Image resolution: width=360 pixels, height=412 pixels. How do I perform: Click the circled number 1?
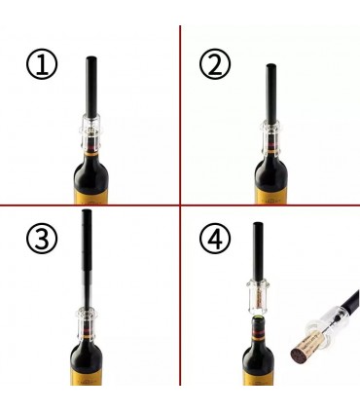coord(42,63)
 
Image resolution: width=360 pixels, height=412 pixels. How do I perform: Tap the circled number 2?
coord(215,63)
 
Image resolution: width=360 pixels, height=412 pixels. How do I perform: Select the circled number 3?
coord(42,238)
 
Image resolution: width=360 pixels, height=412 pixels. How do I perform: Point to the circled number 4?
coord(215,238)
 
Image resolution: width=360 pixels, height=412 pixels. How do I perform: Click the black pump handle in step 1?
coord(91,87)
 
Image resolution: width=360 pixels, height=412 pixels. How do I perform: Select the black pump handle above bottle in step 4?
coord(258,251)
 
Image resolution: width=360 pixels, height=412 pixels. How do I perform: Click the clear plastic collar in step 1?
coord(92,133)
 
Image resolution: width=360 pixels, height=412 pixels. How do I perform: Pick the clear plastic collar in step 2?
coord(271,139)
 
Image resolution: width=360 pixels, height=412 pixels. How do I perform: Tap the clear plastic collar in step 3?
coord(87,323)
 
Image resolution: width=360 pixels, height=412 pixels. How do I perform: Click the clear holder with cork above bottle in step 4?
coord(258,297)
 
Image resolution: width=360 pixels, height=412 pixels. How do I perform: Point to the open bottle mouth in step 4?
coord(258,318)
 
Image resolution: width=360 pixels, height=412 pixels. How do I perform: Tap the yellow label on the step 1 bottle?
coord(92,197)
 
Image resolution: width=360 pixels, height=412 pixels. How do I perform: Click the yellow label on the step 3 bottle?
coord(87,377)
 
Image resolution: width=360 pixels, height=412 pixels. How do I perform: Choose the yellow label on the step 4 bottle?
coord(258,378)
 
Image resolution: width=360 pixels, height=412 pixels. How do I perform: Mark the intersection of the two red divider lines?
coord(180,205)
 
